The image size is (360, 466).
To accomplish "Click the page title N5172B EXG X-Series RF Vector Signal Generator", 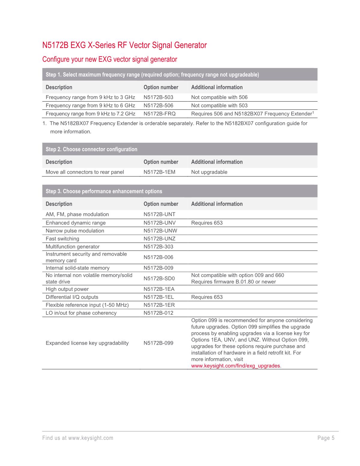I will [124, 45].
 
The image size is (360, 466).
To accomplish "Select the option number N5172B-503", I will [158, 97].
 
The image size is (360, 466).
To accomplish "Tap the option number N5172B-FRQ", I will [159, 114].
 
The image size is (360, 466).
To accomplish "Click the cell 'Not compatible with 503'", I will [219, 105].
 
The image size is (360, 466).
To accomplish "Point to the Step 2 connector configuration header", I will [91, 149].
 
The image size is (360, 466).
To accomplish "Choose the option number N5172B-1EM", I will [159, 172].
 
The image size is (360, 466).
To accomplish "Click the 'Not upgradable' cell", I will [209, 172].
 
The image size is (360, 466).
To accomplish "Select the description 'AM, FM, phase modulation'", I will [77, 215].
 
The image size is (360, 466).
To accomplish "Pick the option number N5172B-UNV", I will [159, 223].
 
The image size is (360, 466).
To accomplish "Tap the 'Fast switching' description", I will [62, 239].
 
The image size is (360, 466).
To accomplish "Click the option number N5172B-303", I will [158, 247].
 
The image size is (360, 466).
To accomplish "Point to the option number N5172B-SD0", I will [159, 279].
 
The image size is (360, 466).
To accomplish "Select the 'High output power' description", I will [67, 289].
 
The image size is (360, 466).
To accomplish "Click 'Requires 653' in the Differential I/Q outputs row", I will [207, 297].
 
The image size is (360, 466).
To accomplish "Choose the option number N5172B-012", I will [158, 313].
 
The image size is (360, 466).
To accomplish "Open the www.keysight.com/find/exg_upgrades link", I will [236, 366].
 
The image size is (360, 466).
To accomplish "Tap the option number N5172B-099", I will [158, 343].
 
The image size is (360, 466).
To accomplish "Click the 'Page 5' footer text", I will [326, 438].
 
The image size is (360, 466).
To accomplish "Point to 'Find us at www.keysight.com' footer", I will [78, 438].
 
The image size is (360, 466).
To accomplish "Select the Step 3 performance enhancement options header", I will [104, 191].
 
